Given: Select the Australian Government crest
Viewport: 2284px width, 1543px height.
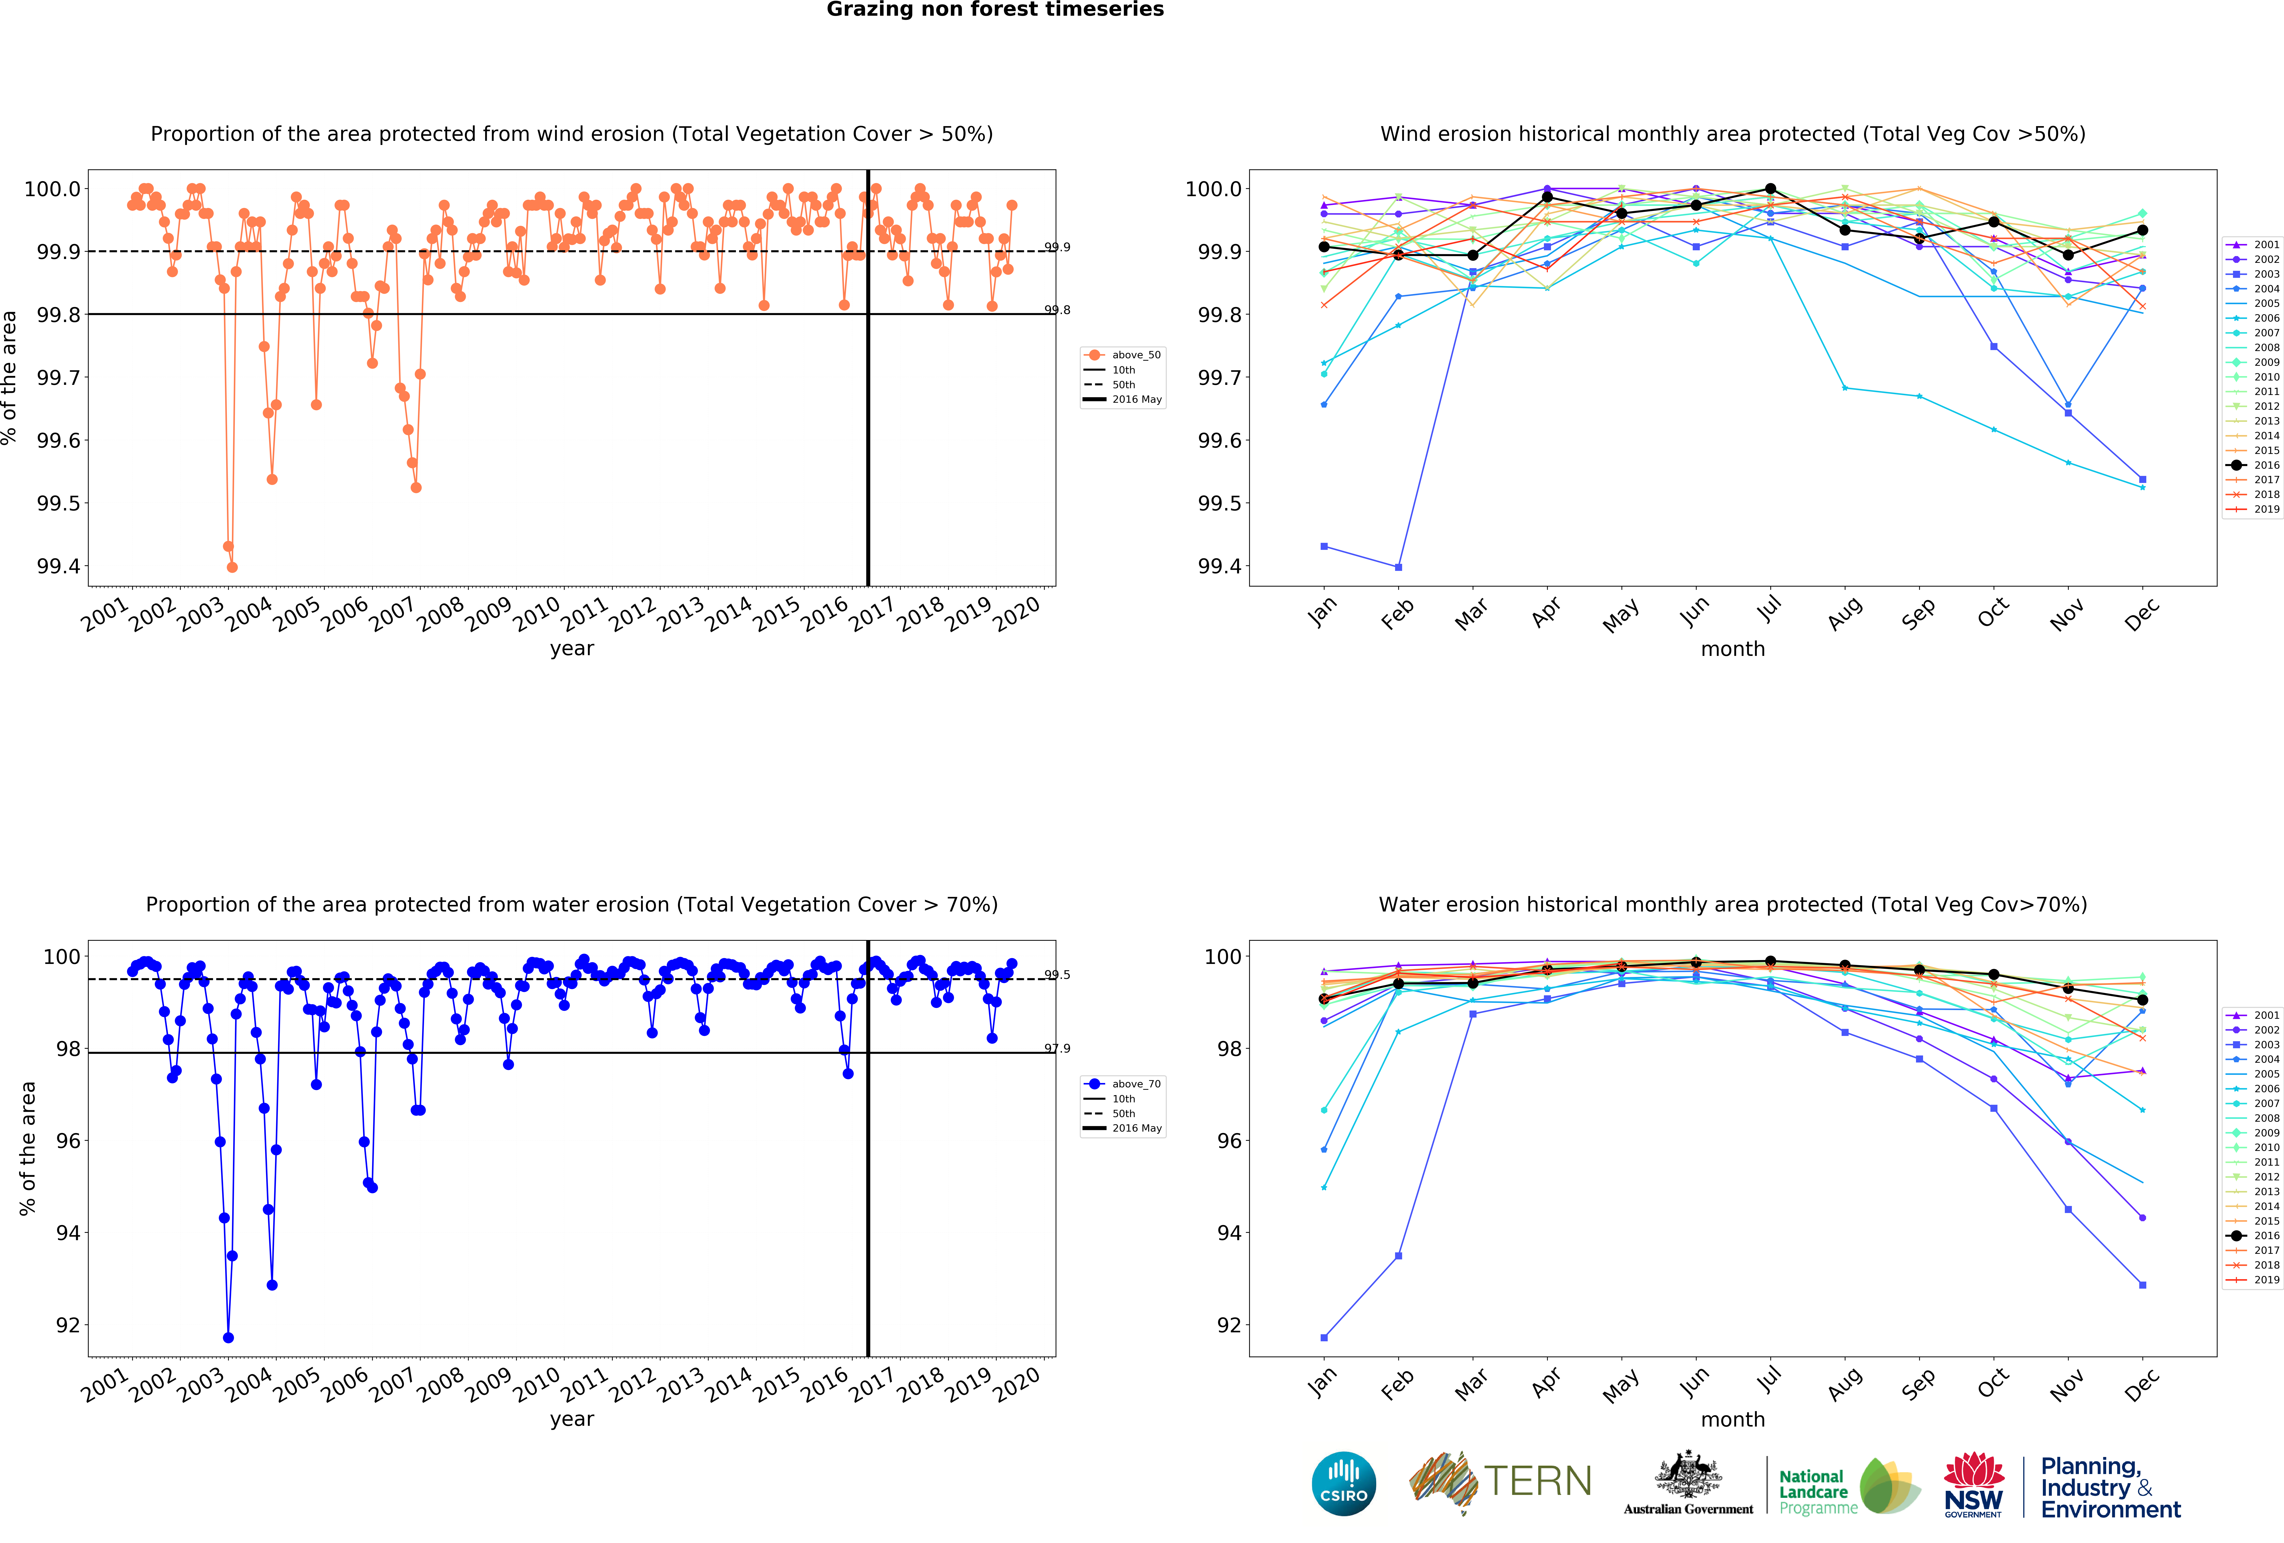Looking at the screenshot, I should [x=1687, y=1474].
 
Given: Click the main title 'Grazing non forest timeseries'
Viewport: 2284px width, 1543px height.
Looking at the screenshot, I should [x=994, y=10].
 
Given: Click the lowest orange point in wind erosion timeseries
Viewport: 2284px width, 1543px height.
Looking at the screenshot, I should [x=232, y=567].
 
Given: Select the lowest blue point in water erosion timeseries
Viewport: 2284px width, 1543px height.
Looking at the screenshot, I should [x=228, y=1338].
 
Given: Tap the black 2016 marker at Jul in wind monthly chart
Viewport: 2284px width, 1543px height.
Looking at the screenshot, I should [x=1770, y=189].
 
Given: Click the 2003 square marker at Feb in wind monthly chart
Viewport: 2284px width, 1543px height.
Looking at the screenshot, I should [x=1398, y=567].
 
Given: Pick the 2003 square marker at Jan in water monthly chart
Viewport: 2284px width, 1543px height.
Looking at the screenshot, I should [x=1324, y=1338].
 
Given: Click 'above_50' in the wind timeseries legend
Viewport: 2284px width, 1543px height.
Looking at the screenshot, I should [x=1136, y=355].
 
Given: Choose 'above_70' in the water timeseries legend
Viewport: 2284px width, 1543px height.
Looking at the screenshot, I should [x=1136, y=1084].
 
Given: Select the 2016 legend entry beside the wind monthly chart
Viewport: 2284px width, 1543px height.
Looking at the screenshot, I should [x=2265, y=465].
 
